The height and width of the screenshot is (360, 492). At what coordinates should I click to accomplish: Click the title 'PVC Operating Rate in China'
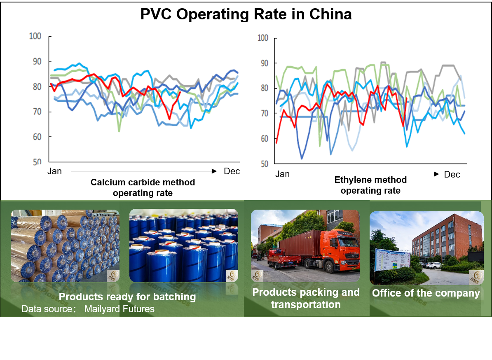(246, 14)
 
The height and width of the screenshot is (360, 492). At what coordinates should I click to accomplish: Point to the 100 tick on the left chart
(35, 36)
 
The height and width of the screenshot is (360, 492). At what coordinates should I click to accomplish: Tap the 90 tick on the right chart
(262, 63)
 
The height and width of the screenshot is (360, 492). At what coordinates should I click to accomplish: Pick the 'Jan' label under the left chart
(54, 171)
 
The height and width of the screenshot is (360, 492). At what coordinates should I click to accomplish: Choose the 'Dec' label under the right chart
(452, 175)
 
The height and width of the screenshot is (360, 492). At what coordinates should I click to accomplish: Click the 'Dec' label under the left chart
(232, 171)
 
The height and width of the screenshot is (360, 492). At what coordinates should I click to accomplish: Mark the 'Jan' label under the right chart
(282, 174)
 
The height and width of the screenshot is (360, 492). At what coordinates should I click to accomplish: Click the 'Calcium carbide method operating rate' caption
(143, 187)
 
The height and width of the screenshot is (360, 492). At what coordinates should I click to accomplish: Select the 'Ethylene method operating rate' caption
(370, 185)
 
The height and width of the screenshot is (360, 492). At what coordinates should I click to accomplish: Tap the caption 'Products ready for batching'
(127, 297)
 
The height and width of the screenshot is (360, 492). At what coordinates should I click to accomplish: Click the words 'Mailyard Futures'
(119, 309)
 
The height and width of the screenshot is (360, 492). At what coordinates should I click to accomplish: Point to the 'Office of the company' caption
(426, 293)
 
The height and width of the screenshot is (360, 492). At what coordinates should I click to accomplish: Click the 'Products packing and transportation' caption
(306, 298)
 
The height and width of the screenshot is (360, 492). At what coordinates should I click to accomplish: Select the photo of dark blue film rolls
(183, 245)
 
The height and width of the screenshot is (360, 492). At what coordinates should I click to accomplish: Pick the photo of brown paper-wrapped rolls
(65, 245)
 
